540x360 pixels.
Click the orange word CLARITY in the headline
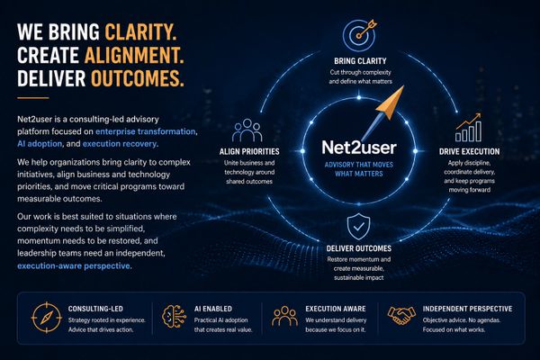pos(141,32)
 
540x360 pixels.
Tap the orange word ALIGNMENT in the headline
pos(134,55)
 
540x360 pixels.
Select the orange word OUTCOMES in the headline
pos(138,78)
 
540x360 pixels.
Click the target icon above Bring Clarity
pos(359,34)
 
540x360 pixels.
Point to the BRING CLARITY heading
pos(360,61)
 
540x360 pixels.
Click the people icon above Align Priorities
pos(247,130)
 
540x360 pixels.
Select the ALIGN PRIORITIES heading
pos(249,151)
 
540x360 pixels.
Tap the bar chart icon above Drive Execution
pos(468,128)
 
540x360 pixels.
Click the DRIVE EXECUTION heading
pos(469,151)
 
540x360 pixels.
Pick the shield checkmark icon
pos(358,226)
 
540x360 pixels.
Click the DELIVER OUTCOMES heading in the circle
pos(359,248)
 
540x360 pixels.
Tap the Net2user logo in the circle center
pos(359,147)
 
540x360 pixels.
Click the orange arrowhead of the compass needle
pos(391,103)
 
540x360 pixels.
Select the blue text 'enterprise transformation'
pos(146,131)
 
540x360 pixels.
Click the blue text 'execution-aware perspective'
pos(74,266)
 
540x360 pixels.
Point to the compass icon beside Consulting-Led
pos(47,318)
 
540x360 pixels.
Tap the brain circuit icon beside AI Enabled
pos(174,316)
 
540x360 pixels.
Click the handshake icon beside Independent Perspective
pos(401,315)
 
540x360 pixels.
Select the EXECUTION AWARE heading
pos(336,309)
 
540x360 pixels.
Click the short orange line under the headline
pos(33,98)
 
